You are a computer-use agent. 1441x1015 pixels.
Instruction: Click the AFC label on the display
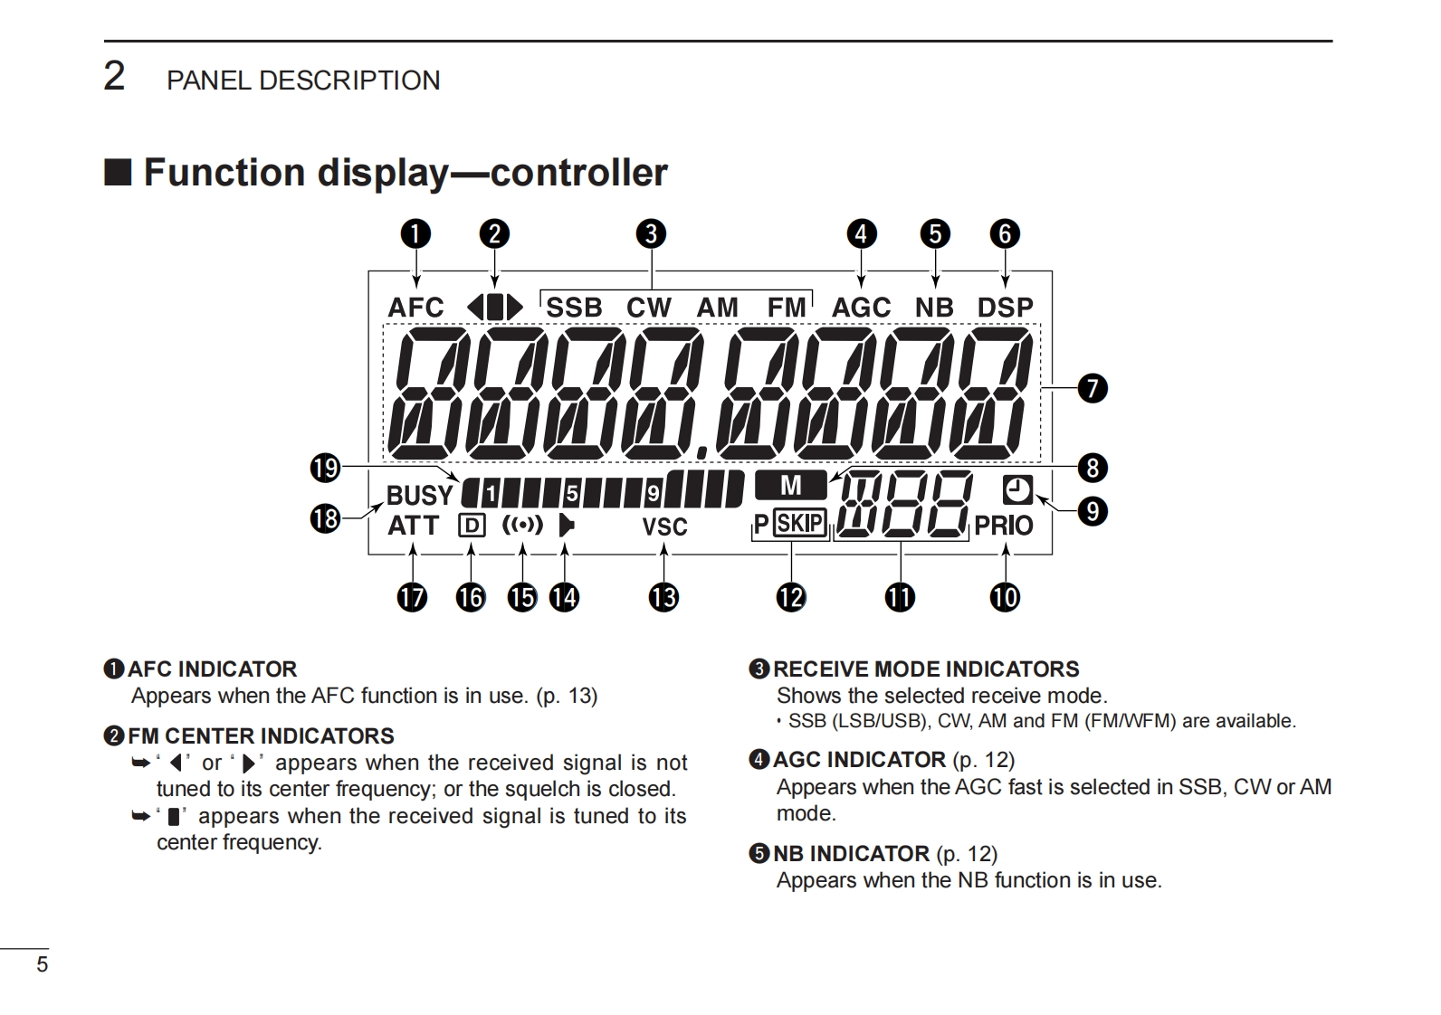coord(415,308)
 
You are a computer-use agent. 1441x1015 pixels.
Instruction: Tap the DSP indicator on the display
coord(1005,308)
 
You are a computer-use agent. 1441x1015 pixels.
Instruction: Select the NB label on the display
coord(934,308)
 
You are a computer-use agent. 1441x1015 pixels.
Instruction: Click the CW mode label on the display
coord(648,308)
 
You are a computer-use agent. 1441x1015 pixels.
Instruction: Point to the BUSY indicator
coord(419,496)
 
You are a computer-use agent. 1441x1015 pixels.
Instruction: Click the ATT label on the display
coord(413,526)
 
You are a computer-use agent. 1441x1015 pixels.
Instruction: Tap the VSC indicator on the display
coord(664,526)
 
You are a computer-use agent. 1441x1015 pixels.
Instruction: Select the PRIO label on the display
coord(1004,526)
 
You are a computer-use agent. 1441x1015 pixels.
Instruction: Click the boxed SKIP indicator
coord(800,524)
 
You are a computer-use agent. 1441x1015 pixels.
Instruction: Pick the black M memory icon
coord(790,486)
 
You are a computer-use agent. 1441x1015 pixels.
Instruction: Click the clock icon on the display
coord(1017,490)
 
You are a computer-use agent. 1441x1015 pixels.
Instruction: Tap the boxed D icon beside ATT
coord(472,526)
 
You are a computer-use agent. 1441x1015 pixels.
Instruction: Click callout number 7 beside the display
coord(1093,389)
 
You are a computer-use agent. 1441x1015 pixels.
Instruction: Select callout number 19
coord(325,469)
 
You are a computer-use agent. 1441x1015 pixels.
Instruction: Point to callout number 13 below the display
coord(663,597)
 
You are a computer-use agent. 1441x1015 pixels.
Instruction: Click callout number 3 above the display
coord(651,234)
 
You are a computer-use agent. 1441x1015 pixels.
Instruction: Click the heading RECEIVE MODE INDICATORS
coord(925,669)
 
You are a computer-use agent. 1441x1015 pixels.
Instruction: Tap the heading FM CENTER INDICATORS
coord(261,736)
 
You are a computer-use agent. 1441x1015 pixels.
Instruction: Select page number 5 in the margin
coord(42,964)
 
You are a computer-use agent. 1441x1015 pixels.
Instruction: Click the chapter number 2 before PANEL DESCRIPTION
coord(114,76)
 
